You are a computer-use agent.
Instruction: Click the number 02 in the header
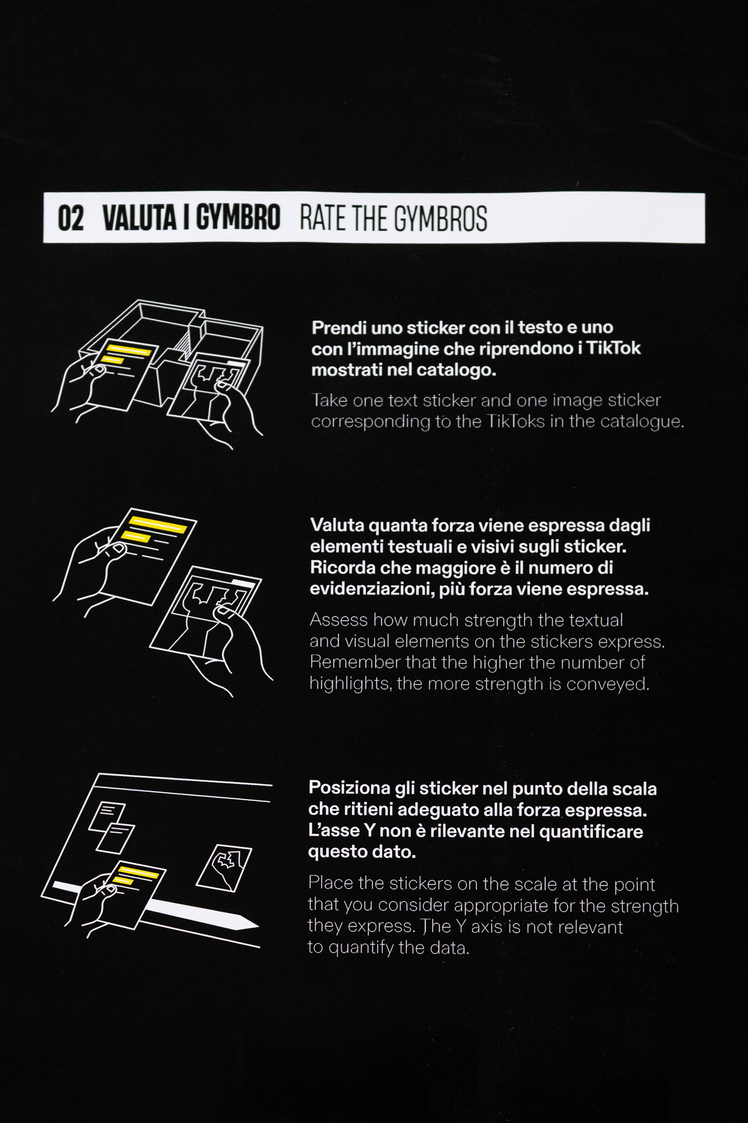[x=71, y=218]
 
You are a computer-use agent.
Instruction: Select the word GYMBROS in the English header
[x=440, y=218]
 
